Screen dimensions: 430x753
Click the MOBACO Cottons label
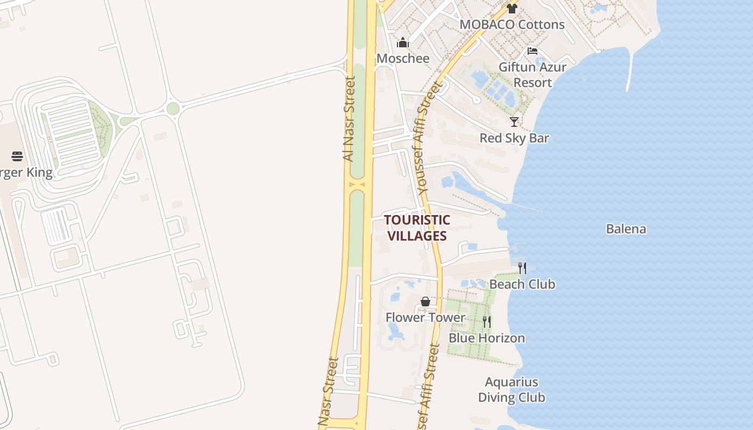(x=512, y=25)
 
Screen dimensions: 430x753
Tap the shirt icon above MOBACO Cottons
(x=512, y=9)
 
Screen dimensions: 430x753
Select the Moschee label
(x=403, y=58)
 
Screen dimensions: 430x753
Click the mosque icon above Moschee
(x=403, y=42)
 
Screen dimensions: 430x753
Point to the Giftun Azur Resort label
(x=532, y=75)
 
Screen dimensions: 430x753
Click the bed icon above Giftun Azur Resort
(x=532, y=51)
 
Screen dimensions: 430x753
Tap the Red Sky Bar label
(x=514, y=138)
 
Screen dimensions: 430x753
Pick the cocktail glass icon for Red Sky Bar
(x=514, y=122)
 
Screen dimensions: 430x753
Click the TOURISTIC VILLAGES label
(x=417, y=228)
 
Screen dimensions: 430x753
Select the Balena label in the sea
(x=626, y=229)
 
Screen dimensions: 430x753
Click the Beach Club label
(x=522, y=284)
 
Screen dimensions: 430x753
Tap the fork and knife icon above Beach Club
(x=522, y=268)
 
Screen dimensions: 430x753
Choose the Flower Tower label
(x=425, y=318)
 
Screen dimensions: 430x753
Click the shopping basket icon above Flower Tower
(x=425, y=302)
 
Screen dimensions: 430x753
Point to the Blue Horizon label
(x=486, y=338)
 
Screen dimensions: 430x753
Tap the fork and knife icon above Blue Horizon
(x=486, y=322)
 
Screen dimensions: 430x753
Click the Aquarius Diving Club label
(x=512, y=390)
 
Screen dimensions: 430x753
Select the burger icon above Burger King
(x=17, y=156)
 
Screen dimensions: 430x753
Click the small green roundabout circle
(x=173, y=109)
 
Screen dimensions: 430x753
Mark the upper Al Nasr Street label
(x=349, y=119)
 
